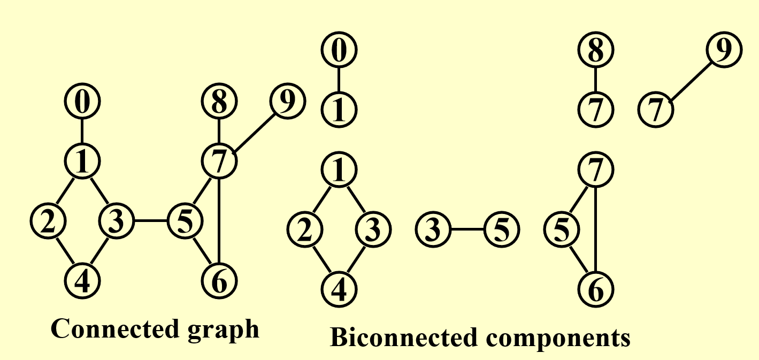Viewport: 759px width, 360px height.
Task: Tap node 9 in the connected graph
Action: point(287,102)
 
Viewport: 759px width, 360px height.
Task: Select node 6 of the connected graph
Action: point(219,280)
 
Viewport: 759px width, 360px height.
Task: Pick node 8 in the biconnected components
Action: point(596,51)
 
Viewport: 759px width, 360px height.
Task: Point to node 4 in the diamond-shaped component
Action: point(339,290)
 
